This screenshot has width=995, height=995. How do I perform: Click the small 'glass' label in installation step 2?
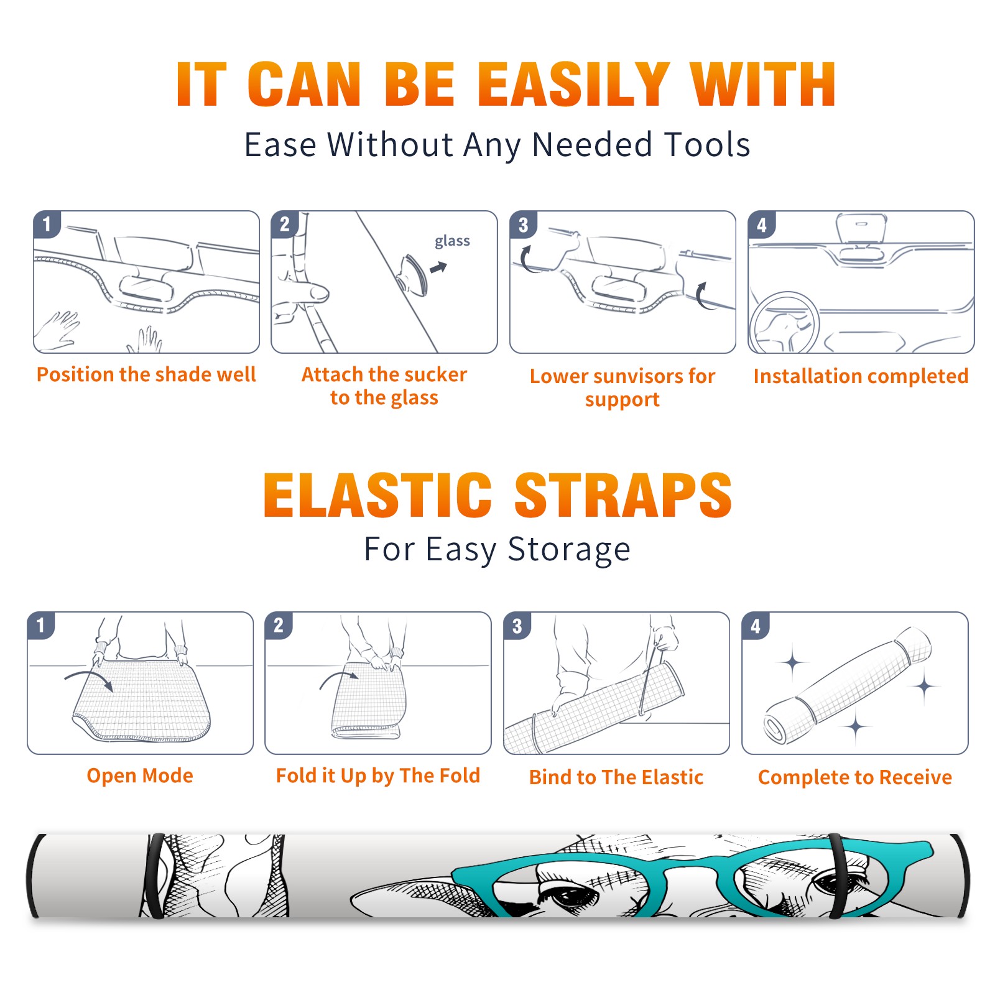coord(452,241)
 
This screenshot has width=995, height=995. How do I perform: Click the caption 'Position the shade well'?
coord(146,374)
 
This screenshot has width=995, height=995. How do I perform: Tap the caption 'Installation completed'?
coord(861,376)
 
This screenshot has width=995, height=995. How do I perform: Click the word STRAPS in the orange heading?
coord(623,495)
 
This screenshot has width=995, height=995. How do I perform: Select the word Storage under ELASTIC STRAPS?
coord(569,550)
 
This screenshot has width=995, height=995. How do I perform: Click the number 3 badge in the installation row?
coord(523,224)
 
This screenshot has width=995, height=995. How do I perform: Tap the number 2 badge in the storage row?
coord(279,625)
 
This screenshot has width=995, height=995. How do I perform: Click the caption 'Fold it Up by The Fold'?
coord(378,775)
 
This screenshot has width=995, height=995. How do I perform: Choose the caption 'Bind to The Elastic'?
coord(616,777)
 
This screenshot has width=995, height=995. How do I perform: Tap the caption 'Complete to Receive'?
coord(855,777)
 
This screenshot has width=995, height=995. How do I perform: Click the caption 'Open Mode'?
coord(140,775)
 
